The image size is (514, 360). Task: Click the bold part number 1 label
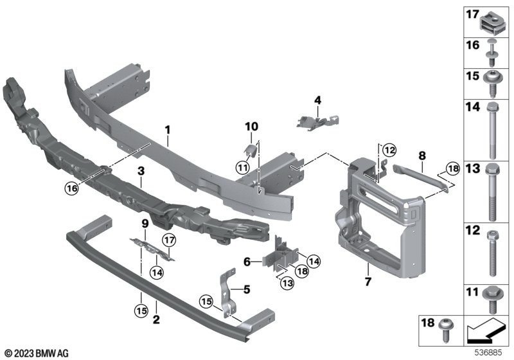coord(168,130)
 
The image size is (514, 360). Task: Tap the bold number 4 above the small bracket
coord(317,100)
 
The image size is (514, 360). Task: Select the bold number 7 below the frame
coord(368,282)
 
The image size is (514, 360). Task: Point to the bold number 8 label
coord(422,156)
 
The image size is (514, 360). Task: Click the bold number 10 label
coord(251,126)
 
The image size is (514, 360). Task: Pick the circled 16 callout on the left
coord(72,188)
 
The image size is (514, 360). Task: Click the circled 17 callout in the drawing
coord(169,240)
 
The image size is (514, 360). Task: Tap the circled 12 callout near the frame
coord(389,150)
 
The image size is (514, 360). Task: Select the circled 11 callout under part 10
coord(242,168)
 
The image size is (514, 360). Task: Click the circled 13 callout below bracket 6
coord(287,283)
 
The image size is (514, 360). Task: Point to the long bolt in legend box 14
coord(492,130)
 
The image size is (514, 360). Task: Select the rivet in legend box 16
coord(491,53)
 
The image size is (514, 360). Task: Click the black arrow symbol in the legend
coord(485,330)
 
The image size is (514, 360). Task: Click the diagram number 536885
coord(488,353)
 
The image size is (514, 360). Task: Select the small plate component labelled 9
coord(152,249)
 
